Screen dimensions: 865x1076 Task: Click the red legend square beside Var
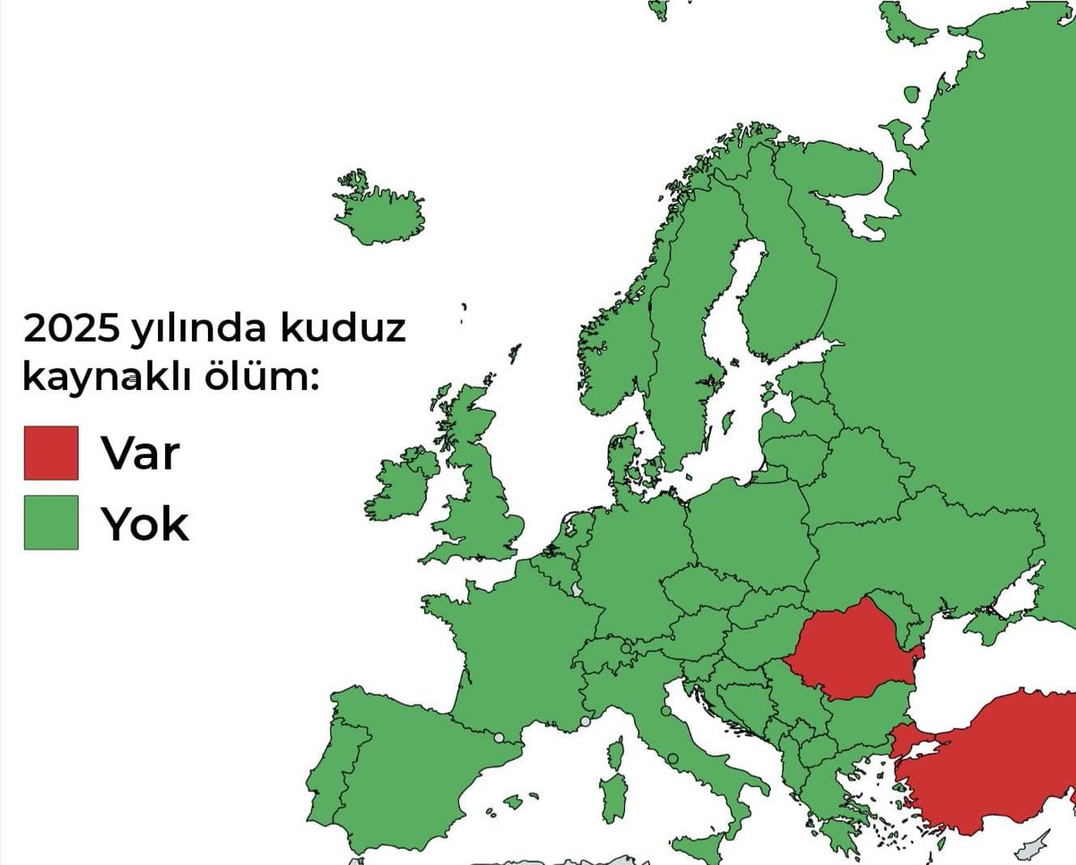tap(51, 453)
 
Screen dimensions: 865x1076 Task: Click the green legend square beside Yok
tap(51, 523)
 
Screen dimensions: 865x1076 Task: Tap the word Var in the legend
tap(141, 453)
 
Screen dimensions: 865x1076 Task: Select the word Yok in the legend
tap(144, 523)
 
